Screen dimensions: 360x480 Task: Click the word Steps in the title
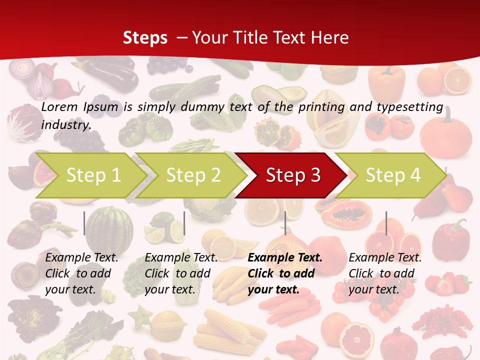coord(145,37)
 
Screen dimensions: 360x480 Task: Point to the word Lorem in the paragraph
coord(59,106)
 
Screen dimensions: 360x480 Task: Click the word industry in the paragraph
coord(65,125)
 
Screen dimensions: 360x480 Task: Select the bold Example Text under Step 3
coord(285,258)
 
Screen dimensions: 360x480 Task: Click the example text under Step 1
coord(81,273)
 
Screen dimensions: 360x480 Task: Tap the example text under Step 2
coord(181,273)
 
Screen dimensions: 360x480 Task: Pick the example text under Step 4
coord(385,273)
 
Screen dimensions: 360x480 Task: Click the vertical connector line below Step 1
coord(84,223)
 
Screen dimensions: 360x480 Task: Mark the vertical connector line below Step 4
coord(386,223)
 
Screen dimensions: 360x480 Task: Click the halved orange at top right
coord(457,80)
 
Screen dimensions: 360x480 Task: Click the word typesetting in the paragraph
coord(409,106)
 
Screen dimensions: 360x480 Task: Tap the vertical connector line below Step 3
coord(285,223)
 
